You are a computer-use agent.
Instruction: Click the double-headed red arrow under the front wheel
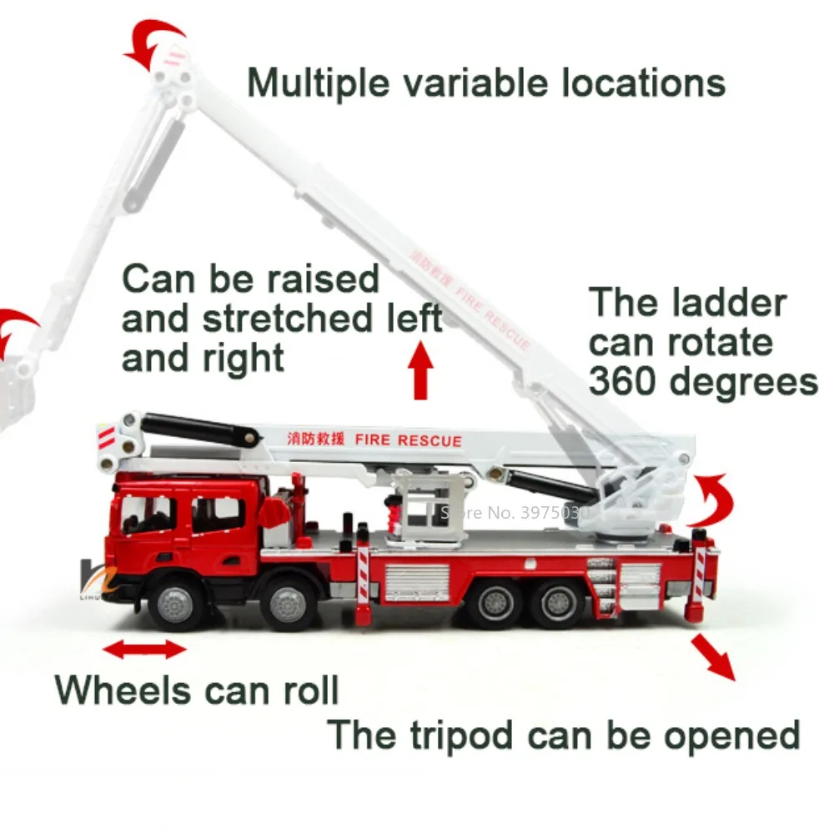click(x=144, y=648)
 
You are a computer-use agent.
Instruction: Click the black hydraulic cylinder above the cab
click(x=197, y=430)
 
